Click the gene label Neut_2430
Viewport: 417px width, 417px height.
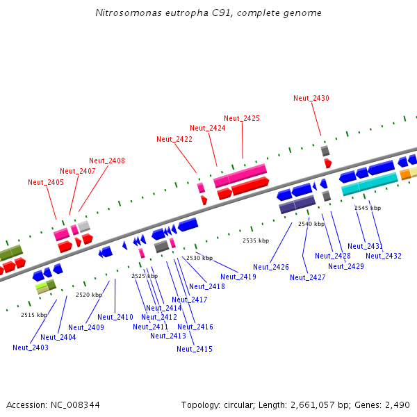(x=311, y=98)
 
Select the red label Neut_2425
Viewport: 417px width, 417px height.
(x=242, y=118)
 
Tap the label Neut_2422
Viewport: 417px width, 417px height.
(x=174, y=139)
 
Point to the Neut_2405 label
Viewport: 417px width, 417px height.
(x=46, y=182)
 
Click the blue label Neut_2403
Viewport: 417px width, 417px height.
(x=31, y=347)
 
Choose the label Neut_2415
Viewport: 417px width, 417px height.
(x=195, y=349)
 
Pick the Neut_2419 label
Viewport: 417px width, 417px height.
(x=238, y=277)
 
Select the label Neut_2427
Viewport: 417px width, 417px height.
(x=308, y=277)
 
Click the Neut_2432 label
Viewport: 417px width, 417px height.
(x=384, y=256)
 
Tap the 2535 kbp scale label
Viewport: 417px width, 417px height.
(x=256, y=240)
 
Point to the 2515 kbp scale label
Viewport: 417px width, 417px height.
(x=34, y=315)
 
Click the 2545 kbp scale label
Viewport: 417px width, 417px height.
(x=368, y=208)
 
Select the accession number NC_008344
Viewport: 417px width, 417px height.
(x=74, y=404)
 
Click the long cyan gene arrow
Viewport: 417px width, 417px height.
(x=369, y=183)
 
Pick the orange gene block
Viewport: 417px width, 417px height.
(x=405, y=174)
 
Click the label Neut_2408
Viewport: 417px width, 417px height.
(x=107, y=161)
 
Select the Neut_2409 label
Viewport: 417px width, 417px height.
(x=86, y=327)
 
